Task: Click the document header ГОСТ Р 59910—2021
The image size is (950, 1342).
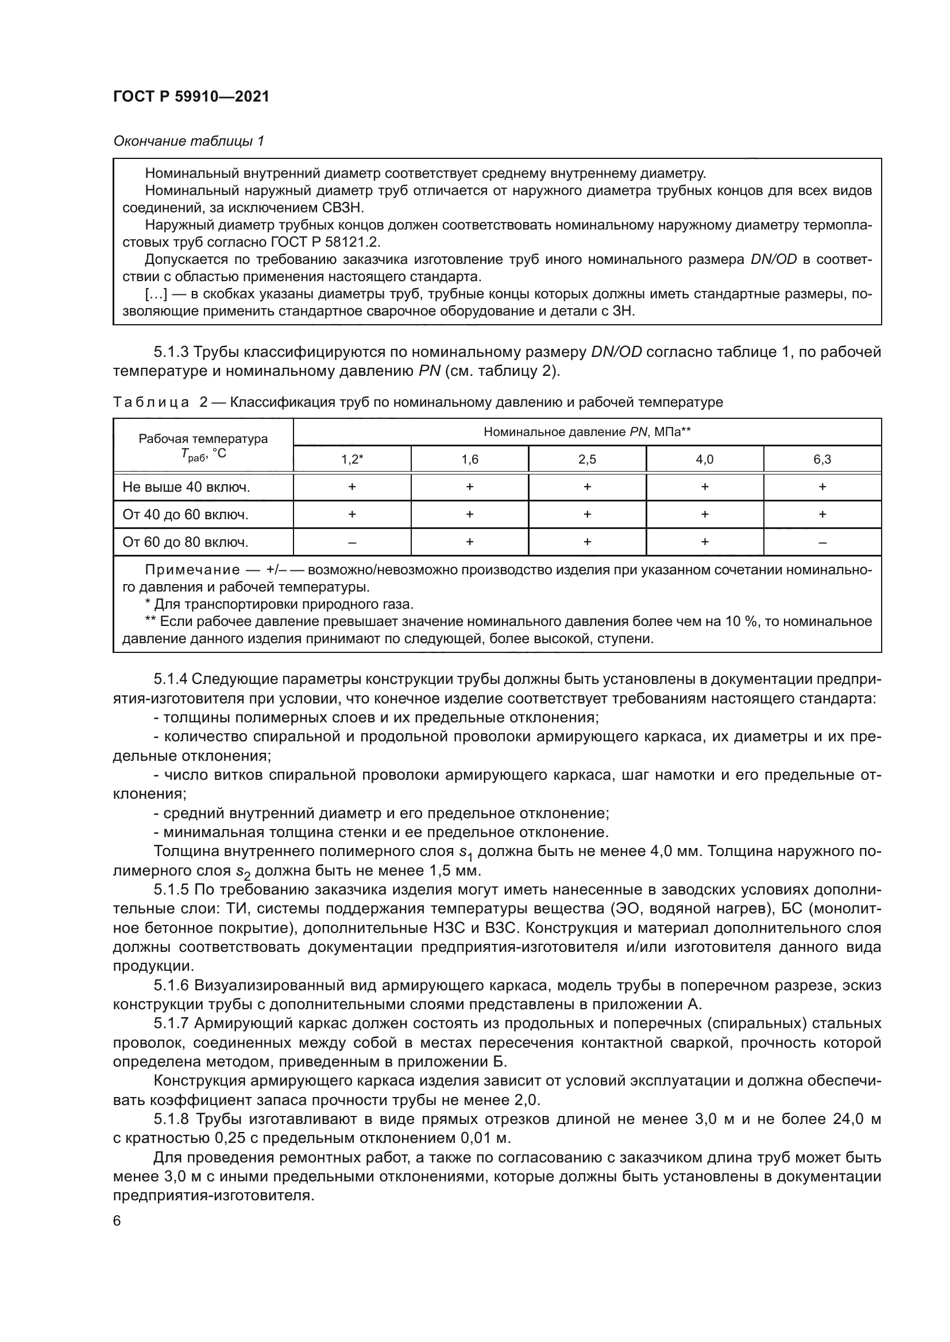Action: tap(191, 97)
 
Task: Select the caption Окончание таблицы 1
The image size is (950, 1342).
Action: tap(188, 141)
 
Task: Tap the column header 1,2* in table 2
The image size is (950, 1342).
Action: tap(352, 460)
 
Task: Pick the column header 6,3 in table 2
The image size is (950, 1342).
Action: tap(822, 460)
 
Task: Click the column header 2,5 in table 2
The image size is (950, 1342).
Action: tap(587, 460)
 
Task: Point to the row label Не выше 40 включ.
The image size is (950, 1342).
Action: tap(186, 487)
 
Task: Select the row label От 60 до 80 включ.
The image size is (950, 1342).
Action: tap(186, 542)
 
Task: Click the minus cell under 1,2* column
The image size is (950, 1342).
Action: tap(352, 542)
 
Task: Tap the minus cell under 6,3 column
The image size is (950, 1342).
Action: tap(822, 542)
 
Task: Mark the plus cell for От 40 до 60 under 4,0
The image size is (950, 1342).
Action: tap(704, 514)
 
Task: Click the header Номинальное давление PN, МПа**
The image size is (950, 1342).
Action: tap(587, 432)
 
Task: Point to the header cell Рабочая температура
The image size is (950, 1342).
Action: tap(203, 439)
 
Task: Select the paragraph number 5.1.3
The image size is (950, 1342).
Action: tap(171, 352)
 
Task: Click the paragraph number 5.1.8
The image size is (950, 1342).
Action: tap(171, 1119)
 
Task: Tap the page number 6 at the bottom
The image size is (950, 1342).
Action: tap(117, 1221)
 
